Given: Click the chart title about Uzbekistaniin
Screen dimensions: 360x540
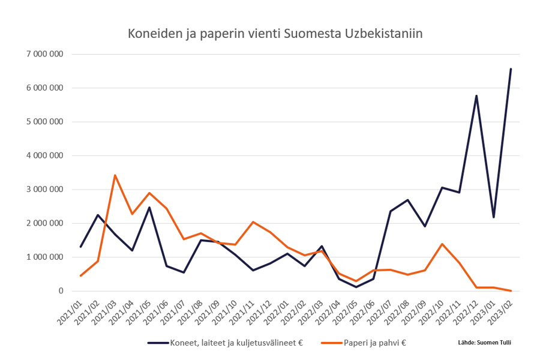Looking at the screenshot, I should tap(275, 34).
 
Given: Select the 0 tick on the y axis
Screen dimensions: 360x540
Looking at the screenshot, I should tap(60, 291).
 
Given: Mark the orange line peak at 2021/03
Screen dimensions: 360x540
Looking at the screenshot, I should tap(115, 175).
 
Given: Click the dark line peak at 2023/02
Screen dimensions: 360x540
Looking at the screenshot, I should tap(511, 69).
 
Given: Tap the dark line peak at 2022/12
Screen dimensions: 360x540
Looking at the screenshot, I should tap(476, 95).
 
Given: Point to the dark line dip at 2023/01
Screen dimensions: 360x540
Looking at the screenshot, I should tap(493, 217).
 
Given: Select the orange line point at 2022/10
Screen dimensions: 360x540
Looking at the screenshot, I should tap(442, 244).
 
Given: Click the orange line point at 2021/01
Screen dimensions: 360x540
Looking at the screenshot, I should tap(80, 275).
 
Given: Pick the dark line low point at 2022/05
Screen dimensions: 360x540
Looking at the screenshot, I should tap(356, 287).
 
